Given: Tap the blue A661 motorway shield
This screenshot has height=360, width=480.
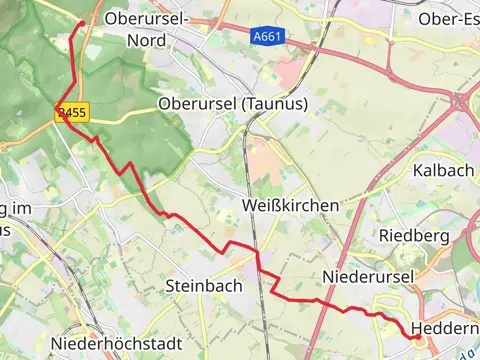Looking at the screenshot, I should tap(265, 35).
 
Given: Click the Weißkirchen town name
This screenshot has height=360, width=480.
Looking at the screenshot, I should tap(290, 205).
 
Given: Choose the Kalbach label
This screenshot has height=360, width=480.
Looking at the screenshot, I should tap(442, 170).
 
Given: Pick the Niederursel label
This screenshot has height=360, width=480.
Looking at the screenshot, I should tap(361, 275).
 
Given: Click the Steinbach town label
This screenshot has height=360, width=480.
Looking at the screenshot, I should tap(203, 286).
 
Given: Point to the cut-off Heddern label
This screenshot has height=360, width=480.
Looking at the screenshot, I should tap(442, 329).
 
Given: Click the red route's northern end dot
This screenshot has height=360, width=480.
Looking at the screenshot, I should tap(81, 22).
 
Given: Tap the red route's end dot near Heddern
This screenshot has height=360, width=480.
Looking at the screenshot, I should tap(415, 337).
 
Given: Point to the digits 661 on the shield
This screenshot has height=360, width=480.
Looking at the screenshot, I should tap(269, 35).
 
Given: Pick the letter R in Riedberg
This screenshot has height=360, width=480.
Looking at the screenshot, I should tap(383, 235).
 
